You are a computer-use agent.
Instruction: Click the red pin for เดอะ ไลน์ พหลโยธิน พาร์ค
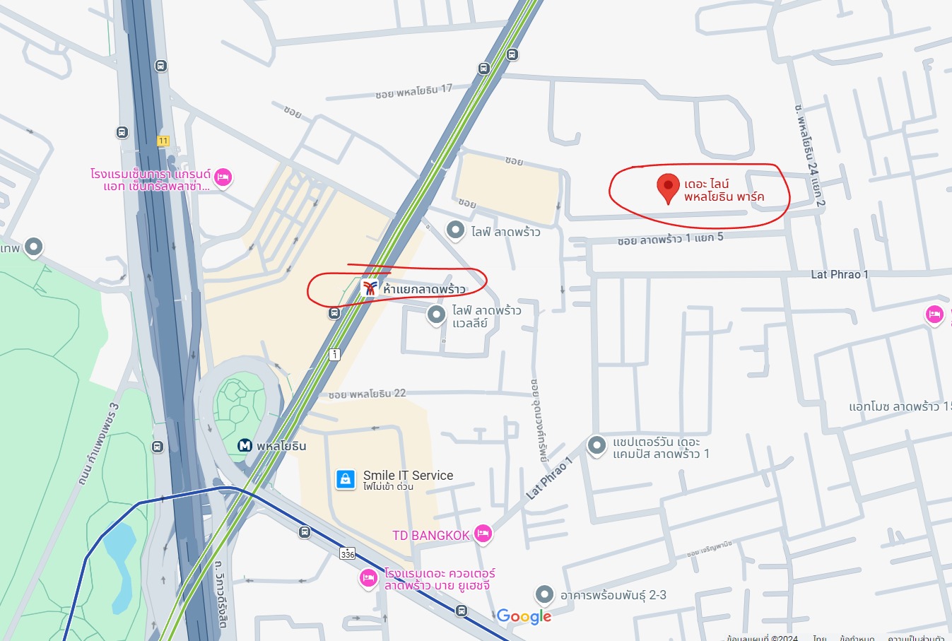click(668, 187)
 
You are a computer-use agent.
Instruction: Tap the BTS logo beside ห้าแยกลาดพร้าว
click(369, 288)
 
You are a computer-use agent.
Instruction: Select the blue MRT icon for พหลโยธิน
click(245, 445)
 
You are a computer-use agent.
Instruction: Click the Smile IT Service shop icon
click(345, 479)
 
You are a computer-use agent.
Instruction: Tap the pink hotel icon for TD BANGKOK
click(483, 534)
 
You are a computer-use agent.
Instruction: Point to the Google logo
click(524, 616)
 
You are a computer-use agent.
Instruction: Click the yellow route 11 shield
click(163, 141)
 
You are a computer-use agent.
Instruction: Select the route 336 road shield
click(347, 553)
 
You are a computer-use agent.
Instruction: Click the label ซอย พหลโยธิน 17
click(413, 91)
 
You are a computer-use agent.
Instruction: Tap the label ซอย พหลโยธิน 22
click(367, 394)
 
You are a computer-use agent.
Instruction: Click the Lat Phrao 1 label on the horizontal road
click(840, 274)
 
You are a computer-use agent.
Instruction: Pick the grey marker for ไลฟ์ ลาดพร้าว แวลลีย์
click(437, 314)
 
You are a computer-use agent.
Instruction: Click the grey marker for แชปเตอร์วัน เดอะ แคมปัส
click(597, 445)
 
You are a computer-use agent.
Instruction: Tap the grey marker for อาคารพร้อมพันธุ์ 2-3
click(543, 594)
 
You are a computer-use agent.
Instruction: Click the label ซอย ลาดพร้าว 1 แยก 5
click(670, 239)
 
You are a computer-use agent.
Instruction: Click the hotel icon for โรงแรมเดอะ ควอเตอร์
click(368, 578)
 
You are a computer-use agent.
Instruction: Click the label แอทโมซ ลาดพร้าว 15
click(900, 406)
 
